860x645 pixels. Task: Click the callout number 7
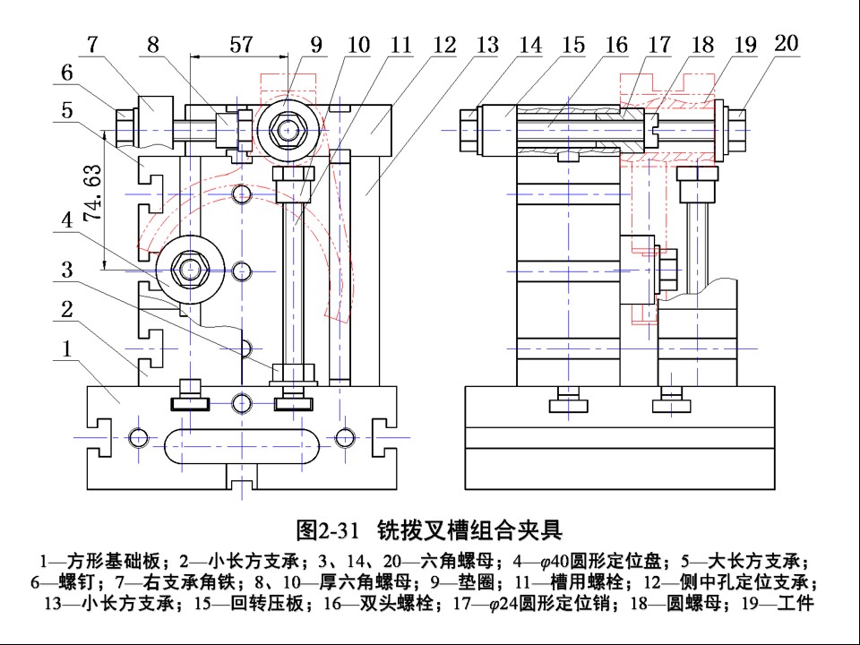click(93, 45)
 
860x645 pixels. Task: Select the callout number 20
click(786, 43)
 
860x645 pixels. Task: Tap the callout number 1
click(67, 348)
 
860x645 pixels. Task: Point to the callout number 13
click(486, 45)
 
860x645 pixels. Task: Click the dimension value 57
click(241, 45)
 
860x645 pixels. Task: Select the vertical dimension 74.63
click(92, 193)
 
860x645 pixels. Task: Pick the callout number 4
click(67, 220)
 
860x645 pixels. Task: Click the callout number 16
click(615, 45)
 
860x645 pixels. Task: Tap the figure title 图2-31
click(327, 530)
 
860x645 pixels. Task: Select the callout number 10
click(358, 45)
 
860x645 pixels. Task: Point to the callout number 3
click(67, 270)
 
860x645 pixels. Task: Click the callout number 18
click(702, 45)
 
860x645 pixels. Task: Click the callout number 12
click(444, 45)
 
